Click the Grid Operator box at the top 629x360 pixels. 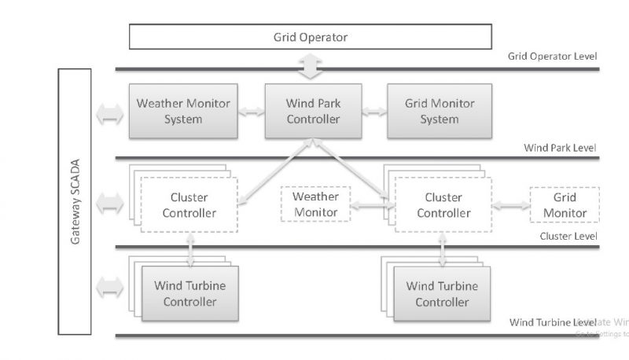[x=310, y=37]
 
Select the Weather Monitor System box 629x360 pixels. [x=183, y=112]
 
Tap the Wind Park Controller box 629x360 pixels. [x=313, y=112]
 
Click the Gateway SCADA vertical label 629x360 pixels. [x=75, y=201]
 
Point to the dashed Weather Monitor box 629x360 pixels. [x=314, y=204]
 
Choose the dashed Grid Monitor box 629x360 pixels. [x=565, y=204]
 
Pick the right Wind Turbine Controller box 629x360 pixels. [x=442, y=293]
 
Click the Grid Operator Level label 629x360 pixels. [x=553, y=57]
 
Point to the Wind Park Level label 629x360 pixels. [x=560, y=148]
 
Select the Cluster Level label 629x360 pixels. [x=568, y=236]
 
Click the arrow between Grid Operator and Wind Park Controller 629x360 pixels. [x=313, y=67]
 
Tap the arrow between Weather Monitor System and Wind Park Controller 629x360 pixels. [x=252, y=112]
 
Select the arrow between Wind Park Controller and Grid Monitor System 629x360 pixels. [x=375, y=112]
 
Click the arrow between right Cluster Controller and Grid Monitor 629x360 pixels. [x=511, y=205]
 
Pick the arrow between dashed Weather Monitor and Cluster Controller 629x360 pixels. [x=371, y=205]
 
